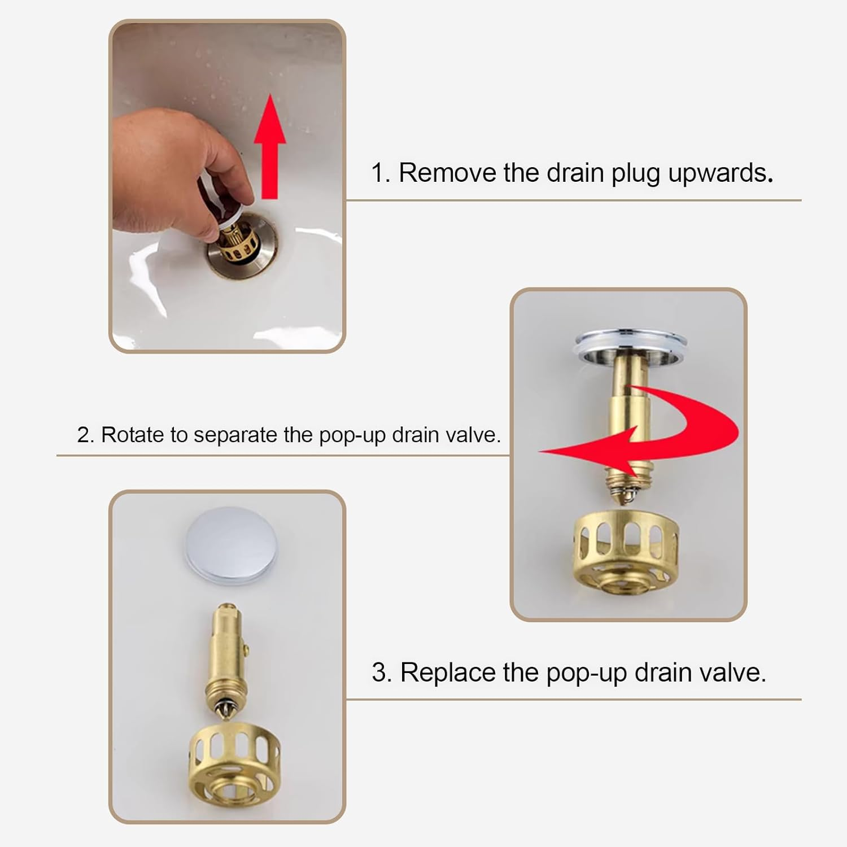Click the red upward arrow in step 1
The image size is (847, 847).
pos(270,150)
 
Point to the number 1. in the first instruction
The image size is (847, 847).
pos(381,173)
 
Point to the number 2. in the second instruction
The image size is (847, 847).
pos(85,435)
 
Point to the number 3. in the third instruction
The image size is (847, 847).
pos(381,673)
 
